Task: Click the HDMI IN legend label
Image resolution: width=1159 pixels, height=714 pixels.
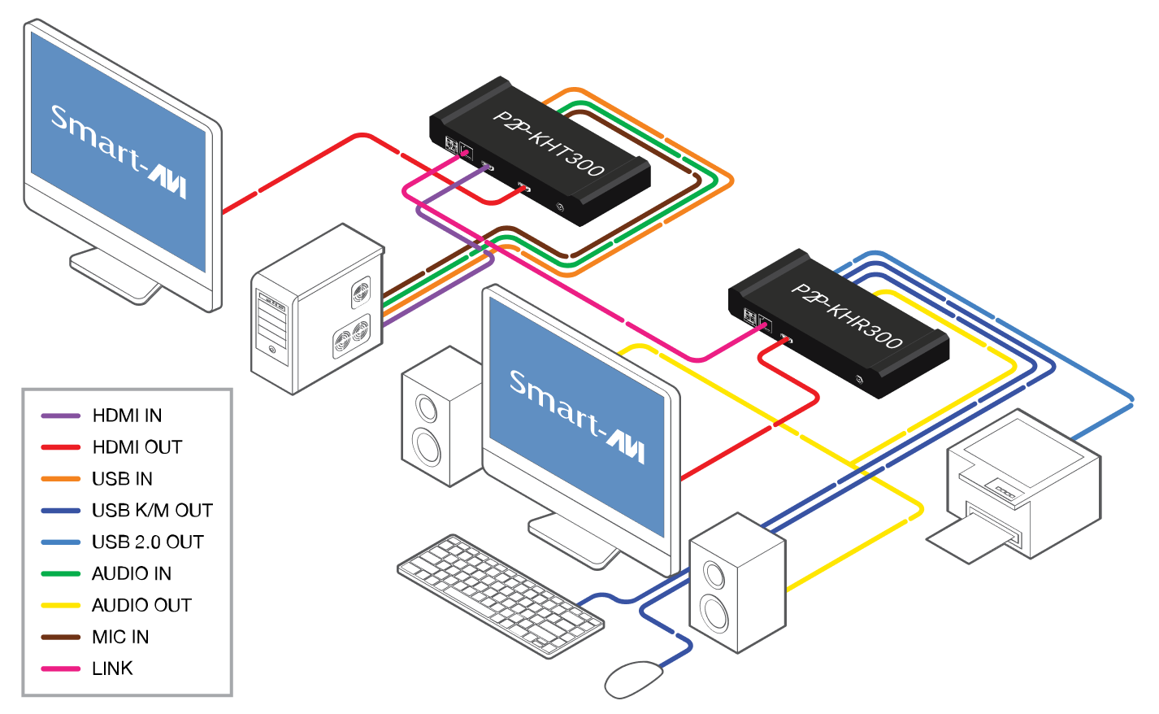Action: [127, 416]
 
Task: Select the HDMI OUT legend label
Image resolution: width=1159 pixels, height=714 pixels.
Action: [137, 447]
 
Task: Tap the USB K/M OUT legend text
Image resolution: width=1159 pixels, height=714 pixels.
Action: [152, 511]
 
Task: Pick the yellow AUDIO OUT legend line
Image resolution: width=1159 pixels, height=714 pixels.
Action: [61, 606]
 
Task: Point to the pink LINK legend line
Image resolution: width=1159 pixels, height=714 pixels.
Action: [61, 669]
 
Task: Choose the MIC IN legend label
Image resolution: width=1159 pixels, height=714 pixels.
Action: [120, 638]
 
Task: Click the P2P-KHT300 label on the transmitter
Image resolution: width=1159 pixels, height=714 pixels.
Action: [549, 143]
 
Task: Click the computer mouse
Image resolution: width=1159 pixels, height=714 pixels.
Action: [634, 678]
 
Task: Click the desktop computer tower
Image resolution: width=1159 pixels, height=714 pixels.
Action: [317, 309]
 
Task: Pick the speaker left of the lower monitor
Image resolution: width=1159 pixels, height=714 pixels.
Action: [439, 419]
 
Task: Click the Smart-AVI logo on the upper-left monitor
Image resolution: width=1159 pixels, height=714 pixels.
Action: [119, 151]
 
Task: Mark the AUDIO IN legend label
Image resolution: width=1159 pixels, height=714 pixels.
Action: [132, 574]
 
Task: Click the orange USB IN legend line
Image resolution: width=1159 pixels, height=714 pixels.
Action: [61, 479]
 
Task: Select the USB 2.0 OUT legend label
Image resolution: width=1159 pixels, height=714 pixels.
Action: [147, 542]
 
